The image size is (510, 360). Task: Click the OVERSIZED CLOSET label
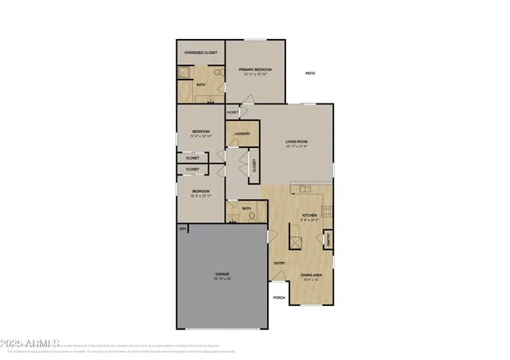click(200, 53)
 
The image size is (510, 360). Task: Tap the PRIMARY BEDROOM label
click(256, 70)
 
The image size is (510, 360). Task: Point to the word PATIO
click(310, 73)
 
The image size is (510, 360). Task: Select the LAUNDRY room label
click(243, 133)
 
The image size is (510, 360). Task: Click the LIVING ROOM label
click(297, 142)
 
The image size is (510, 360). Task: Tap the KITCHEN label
click(309, 215)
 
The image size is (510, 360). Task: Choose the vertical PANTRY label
click(328, 239)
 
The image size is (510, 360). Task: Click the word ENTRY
click(280, 264)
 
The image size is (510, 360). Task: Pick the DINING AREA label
click(311, 276)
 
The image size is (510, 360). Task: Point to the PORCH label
click(279, 298)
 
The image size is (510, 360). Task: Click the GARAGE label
click(222, 274)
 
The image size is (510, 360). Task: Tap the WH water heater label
click(182, 229)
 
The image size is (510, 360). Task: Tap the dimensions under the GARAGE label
click(222, 279)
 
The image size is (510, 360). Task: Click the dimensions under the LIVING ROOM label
click(297, 147)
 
